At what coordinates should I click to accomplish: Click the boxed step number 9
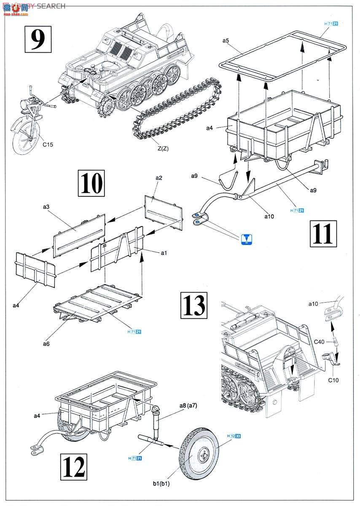(x=38, y=39)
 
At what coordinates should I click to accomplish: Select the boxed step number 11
(x=323, y=233)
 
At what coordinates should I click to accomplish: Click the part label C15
(x=48, y=144)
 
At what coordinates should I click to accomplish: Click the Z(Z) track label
(x=162, y=148)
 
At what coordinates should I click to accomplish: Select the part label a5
(x=226, y=40)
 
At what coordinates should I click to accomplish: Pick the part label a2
(x=159, y=178)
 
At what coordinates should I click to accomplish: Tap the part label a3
(x=47, y=207)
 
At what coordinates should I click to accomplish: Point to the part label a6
(x=46, y=344)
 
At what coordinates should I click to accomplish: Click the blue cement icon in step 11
(x=247, y=239)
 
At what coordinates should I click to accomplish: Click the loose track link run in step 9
(x=177, y=110)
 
